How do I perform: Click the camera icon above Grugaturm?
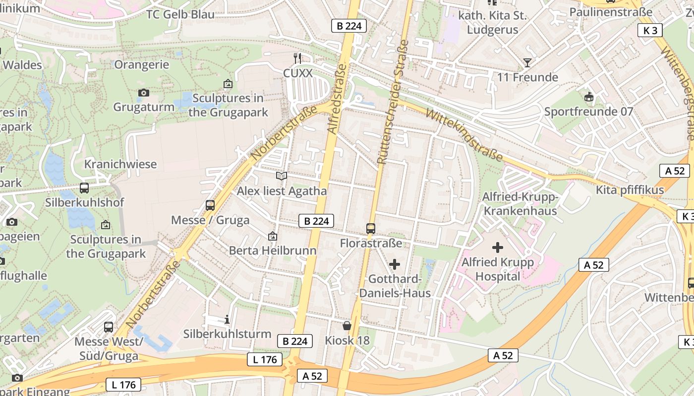pyautogui.click(x=144, y=93)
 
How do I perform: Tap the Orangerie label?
pyautogui.click(x=141, y=65)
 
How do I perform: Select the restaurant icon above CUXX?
pyautogui.click(x=297, y=58)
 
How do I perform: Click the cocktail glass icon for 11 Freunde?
pyautogui.click(x=527, y=62)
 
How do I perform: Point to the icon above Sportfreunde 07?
pyautogui.click(x=589, y=97)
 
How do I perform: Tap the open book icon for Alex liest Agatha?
pyautogui.click(x=282, y=176)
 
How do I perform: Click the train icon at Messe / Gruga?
pyautogui.click(x=210, y=205)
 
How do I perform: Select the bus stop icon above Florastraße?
pyautogui.click(x=371, y=228)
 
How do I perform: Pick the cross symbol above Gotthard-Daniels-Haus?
pyautogui.click(x=395, y=264)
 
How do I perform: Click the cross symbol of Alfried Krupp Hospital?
pyautogui.click(x=498, y=247)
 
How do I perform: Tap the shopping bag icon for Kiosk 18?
pyautogui.click(x=347, y=326)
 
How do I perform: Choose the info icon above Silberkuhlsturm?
pyautogui.click(x=227, y=319)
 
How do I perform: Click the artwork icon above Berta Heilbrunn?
pyautogui.click(x=272, y=236)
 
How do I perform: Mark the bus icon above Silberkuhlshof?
pyautogui.click(x=84, y=188)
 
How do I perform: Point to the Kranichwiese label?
pyautogui.click(x=120, y=164)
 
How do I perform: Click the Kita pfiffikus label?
pyautogui.click(x=630, y=190)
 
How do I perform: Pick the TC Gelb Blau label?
pyautogui.click(x=180, y=14)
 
